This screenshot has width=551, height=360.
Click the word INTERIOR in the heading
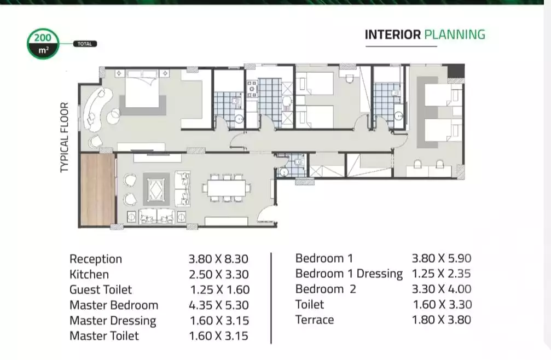pyautogui.click(x=393, y=35)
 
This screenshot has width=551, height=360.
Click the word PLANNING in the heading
pyautogui.click(x=455, y=35)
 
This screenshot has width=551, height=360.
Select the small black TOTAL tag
pyautogui.click(x=85, y=44)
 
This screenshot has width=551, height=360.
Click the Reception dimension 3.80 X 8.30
pyautogui.click(x=218, y=259)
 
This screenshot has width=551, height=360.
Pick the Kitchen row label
pyautogui.click(x=89, y=274)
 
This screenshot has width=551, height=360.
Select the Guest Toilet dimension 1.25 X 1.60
pyautogui.click(x=219, y=289)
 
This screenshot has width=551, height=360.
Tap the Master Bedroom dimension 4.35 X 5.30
pyautogui.click(x=219, y=305)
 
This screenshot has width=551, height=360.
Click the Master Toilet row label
pyautogui.click(x=104, y=335)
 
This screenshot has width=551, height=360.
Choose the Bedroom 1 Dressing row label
pyautogui.click(x=349, y=274)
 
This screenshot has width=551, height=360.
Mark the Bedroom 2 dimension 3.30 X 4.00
pyautogui.click(x=441, y=289)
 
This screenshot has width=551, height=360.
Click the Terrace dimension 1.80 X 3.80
pyautogui.click(x=441, y=320)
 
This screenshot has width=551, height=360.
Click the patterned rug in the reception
pyautogui.click(x=157, y=189)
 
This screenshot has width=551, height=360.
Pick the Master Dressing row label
pyautogui.click(x=112, y=320)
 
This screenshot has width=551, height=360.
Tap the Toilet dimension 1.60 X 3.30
pyautogui.click(x=441, y=304)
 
